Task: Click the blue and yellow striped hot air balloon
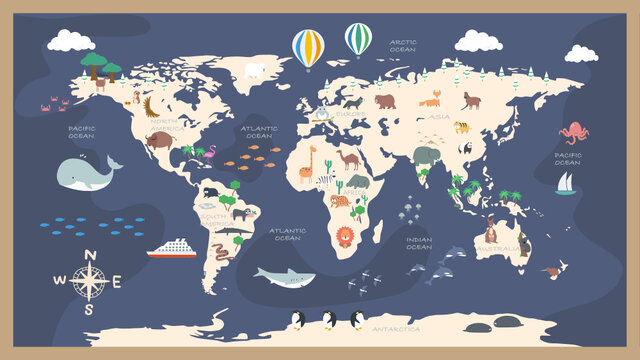[308, 47]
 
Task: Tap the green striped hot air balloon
[358, 39]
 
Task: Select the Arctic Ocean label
[403, 45]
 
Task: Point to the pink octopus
[573, 132]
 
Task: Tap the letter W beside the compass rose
[58, 281]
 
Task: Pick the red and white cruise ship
[171, 248]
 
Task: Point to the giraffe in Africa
[306, 164]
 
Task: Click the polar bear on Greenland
[254, 71]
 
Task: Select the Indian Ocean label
[419, 243]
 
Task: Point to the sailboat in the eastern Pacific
[566, 183]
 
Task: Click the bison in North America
[158, 140]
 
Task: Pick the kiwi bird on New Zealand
[548, 269]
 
